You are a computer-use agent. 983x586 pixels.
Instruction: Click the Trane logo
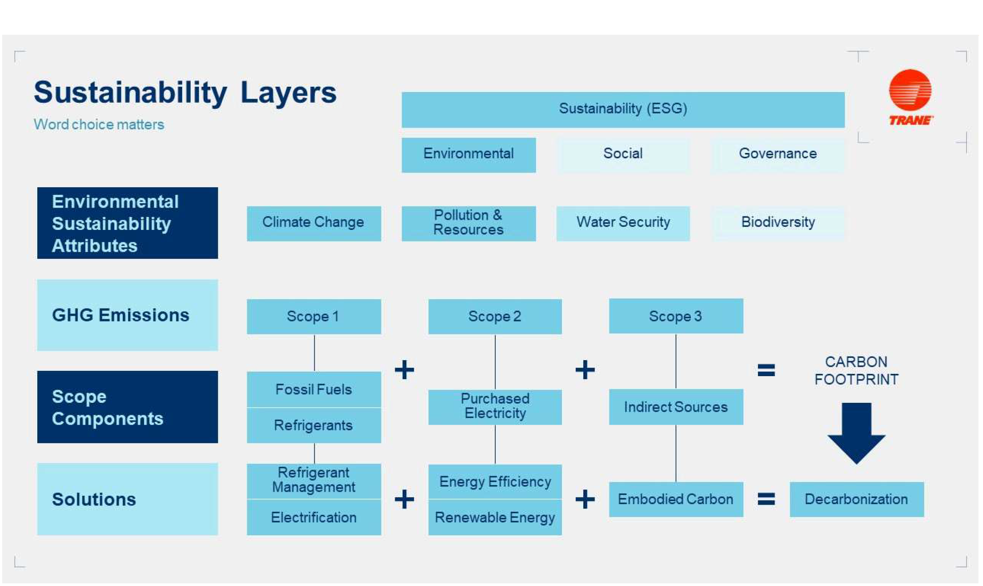(x=910, y=97)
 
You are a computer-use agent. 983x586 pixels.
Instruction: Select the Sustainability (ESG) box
(x=623, y=109)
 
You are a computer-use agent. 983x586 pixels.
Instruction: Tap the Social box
(x=623, y=154)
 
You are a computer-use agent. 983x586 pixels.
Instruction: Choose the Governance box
(x=778, y=154)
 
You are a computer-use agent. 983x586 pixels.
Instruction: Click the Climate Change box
(x=314, y=223)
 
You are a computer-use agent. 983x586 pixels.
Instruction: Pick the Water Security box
(x=623, y=223)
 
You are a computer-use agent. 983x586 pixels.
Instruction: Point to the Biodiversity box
(x=778, y=223)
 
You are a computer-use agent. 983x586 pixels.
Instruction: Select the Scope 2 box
(x=495, y=317)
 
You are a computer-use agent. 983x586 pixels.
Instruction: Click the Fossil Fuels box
(x=314, y=389)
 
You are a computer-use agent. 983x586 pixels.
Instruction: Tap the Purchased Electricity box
(x=495, y=407)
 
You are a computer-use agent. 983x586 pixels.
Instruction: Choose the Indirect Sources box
(x=676, y=407)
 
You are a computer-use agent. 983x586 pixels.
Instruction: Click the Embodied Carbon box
(x=676, y=499)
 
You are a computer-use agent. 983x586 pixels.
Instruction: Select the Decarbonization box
(x=857, y=499)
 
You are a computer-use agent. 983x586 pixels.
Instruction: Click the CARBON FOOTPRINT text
(x=856, y=370)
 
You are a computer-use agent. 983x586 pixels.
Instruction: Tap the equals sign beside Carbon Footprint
(x=766, y=370)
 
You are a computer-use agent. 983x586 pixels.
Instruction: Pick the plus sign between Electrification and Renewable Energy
(x=405, y=499)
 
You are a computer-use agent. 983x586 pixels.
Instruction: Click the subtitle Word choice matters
(x=99, y=124)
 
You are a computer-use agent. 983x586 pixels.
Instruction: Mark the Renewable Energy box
(x=495, y=518)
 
